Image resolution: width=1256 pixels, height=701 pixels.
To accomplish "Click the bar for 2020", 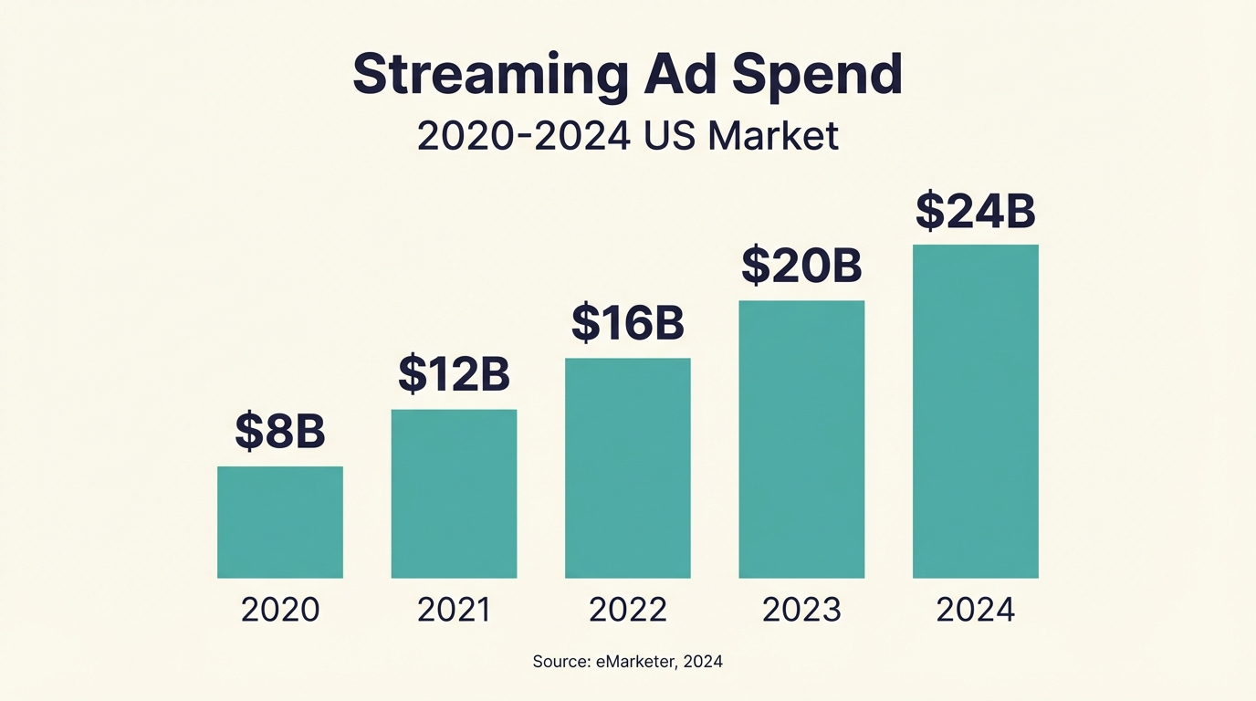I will pyautogui.click(x=280, y=522).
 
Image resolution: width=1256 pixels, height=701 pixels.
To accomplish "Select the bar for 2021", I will pyautogui.click(x=454, y=494).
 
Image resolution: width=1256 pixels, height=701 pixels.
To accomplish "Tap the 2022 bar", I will pyautogui.click(x=628, y=468).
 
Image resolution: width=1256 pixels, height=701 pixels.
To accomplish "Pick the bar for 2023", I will pyautogui.click(x=801, y=439).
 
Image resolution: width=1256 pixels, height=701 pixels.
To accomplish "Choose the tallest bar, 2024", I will pyautogui.click(x=975, y=411).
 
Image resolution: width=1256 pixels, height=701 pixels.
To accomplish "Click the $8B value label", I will pyautogui.click(x=280, y=432).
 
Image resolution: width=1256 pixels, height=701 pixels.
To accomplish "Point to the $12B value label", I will pyautogui.click(x=454, y=374).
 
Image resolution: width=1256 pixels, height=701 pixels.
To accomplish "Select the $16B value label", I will pyautogui.click(x=628, y=322).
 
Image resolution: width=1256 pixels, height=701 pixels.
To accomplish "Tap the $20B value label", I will pyautogui.click(x=801, y=266).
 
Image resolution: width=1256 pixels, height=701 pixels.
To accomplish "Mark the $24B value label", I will pyautogui.click(x=975, y=211).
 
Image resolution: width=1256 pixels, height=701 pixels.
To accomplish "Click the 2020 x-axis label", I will pyautogui.click(x=280, y=610).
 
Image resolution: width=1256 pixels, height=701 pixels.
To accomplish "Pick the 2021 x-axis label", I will pyautogui.click(x=454, y=610).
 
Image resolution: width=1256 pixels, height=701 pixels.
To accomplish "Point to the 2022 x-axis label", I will pyautogui.click(x=628, y=610).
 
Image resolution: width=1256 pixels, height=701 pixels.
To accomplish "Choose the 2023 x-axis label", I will pyautogui.click(x=801, y=610).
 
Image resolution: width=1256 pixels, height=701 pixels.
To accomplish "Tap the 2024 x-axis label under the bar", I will pyautogui.click(x=975, y=610).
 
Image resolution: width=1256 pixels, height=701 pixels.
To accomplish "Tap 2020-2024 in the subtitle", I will pyautogui.click(x=523, y=137).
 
